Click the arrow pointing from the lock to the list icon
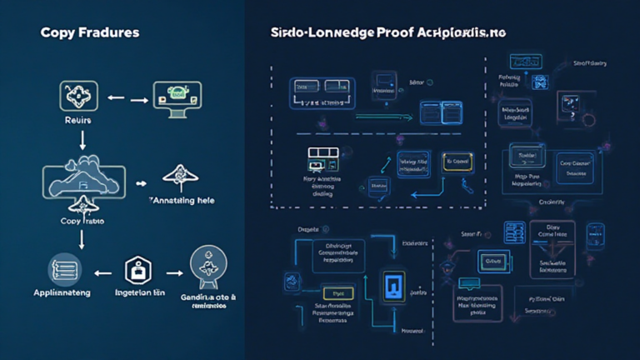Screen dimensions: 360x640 [103, 272]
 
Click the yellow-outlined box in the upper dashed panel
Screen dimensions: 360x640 [458, 162]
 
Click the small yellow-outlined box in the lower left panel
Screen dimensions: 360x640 [337, 293]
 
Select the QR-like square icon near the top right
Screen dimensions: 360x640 [537, 82]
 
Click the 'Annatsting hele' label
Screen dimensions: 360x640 [184, 201]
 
